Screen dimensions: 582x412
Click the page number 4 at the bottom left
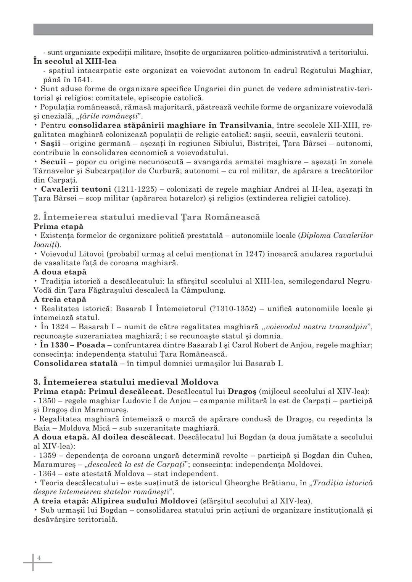[x=39, y=558]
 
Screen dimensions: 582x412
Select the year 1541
[x=82, y=80]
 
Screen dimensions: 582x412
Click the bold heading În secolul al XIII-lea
[x=75, y=61]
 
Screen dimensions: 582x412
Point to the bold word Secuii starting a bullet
[x=53, y=162]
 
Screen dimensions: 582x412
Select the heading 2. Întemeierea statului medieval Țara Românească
[x=146, y=217]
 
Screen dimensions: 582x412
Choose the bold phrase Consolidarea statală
[x=75, y=363]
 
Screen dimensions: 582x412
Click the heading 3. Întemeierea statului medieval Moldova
[x=126, y=382]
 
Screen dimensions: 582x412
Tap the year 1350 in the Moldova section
[x=47, y=401]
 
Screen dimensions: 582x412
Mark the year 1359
[x=47, y=455]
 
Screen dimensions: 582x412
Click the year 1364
[x=47, y=474]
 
